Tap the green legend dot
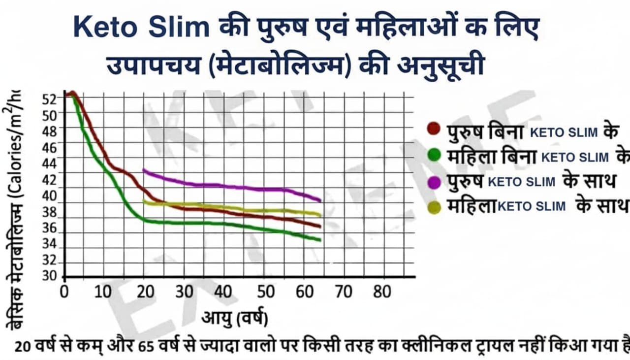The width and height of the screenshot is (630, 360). click(x=434, y=155)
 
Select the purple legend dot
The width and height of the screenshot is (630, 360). click(x=434, y=182)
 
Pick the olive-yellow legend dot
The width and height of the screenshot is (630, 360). click(x=434, y=207)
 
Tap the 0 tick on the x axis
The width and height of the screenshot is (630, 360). click(x=64, y=292)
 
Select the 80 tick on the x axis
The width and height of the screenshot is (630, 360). click(x=382, y=292)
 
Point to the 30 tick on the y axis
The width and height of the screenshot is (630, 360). click(x=50, y=276)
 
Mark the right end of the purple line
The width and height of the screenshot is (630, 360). click(x=320, y=200)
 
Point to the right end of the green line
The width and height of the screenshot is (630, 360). click(x=320, y=240)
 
